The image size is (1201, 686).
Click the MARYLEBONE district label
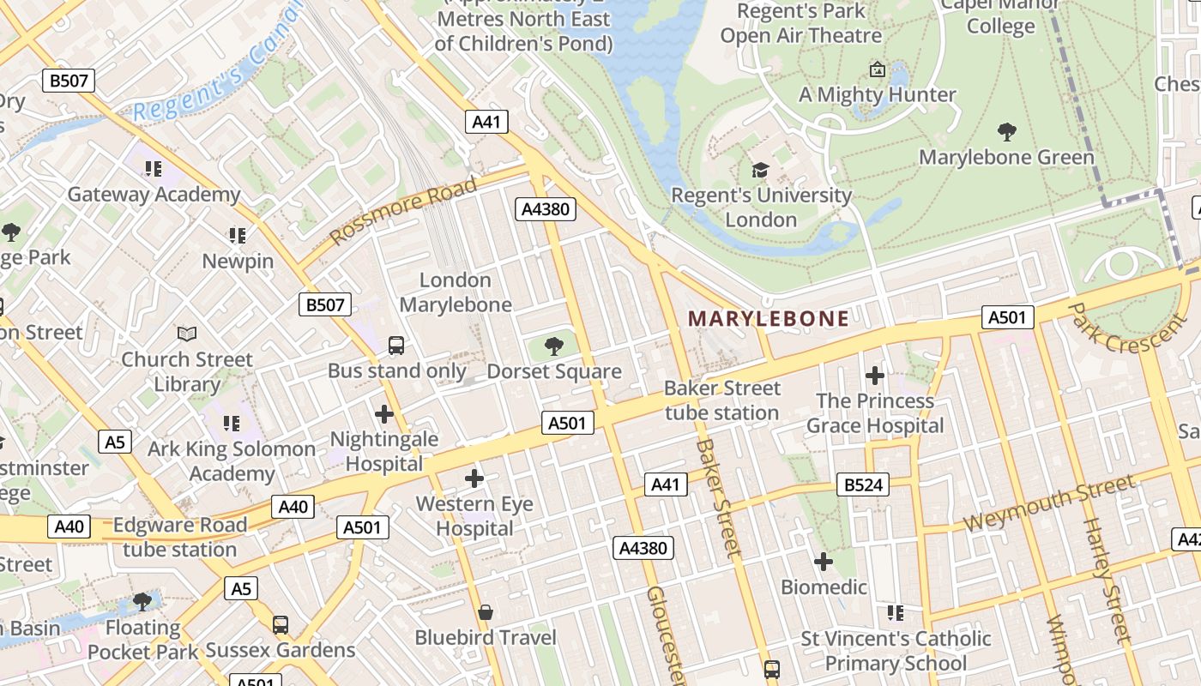[x=768, y=319]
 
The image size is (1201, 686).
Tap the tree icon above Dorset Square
[x=554, y=346]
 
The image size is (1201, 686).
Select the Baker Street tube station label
[x=722, y=400]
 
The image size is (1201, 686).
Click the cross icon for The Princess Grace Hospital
[x=874, y=376]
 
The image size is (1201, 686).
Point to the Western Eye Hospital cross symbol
[x=474, y=478]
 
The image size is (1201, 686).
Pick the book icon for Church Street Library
[x=187, y=334]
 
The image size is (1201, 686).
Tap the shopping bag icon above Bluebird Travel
[x=485, y=612]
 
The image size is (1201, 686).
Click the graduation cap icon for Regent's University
[x=760, y=170]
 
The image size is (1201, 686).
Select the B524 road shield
[x=863, y=485]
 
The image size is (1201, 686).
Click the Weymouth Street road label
[x=1048, y=504]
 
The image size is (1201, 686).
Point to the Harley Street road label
[x=1104, y=579]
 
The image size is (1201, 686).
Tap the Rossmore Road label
[x=403, y=211]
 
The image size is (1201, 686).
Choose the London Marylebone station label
[x=456, y=292]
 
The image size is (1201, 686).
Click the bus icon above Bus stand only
[x=396, y=346]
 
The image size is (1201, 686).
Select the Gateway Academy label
[x=154, y=194]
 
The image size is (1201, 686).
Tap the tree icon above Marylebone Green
[x=1006, y=132]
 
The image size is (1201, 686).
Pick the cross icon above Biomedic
[x=823, y=562]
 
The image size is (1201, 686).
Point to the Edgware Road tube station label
[x=179, y=537]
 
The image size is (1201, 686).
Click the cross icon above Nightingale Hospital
[x=383, y=414]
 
